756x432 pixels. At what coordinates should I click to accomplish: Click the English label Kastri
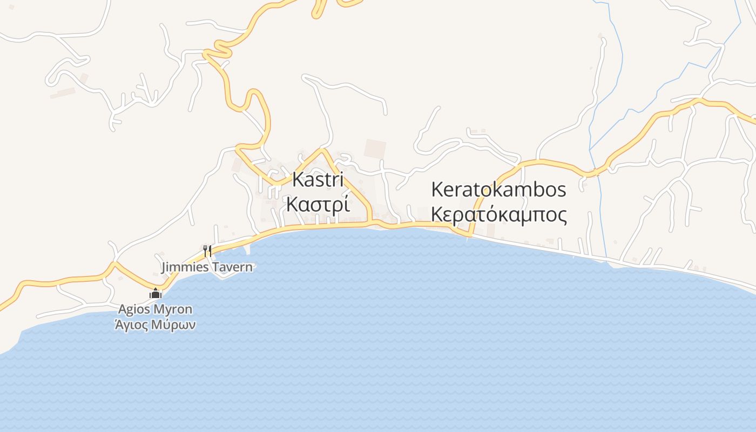pyautogui.click(x=318, y=179)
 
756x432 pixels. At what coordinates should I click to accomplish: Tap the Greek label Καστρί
pyautogui.click(x=318, y=205)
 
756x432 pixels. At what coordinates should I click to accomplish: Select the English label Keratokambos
pyautogui.click(x=498, y=190)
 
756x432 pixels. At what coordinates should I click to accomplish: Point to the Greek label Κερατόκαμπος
pyautogui.click(x=498, y=215)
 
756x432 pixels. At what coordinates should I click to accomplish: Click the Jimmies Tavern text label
pyautogui.click(x=207, y=267)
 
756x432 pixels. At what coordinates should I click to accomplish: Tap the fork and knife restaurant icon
pyautogui.click(x=207, y=251)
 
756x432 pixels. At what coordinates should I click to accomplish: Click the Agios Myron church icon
pyautogui.click(x=156, y=294)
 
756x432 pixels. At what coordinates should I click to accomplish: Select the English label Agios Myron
pyautogui.click(x=155, y=309)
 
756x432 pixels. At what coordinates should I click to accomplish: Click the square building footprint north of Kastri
pyautogui.click(x=375, y=148)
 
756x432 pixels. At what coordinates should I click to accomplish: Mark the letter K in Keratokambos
pyautogui.click(x=436, y=190)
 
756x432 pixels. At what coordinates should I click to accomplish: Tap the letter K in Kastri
pyautogui.click(x=297, y=179)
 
